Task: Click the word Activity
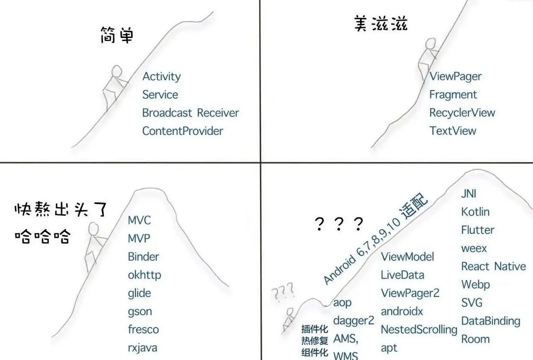(161, 77)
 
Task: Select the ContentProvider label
(182, 131)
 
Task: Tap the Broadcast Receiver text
(190, 113)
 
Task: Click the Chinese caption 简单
(117, 35)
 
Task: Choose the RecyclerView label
(462, 113)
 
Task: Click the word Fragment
(453, 95)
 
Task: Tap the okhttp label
(144, 275)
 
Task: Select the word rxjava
(142, 348)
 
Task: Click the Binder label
(143, 257)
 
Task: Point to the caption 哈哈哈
(42, 236)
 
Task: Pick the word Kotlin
(475, 212)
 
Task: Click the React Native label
(493, 266)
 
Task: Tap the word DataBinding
(490, 321)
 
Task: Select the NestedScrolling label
(419, 330)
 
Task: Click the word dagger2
(353, 321)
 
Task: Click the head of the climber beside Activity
(117, 71)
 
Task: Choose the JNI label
(469, 193)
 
